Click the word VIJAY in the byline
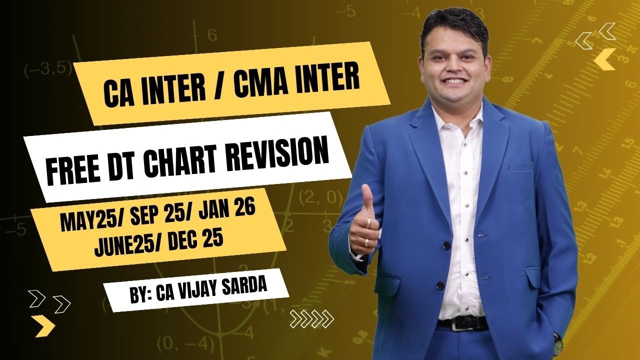click(205, 288)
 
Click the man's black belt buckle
click(457, 323)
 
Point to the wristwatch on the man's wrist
click(557, 341)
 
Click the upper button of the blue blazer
click(446, 245)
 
